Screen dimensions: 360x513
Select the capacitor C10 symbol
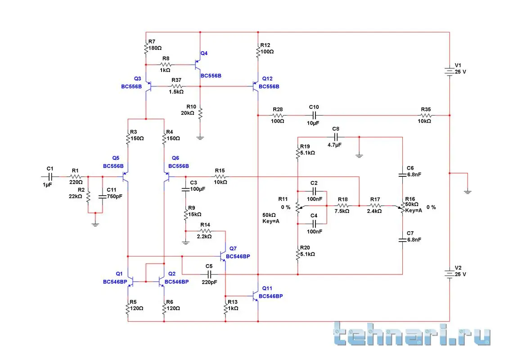(x=314, y=115)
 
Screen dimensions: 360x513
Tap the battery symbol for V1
(x=450, y=72)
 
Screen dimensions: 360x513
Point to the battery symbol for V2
(x=450, y=274)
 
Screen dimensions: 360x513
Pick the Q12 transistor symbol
(x=255, y=85)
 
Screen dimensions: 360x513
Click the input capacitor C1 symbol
(x=50, y=176)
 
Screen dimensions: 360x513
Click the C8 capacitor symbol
(x=336, y=136)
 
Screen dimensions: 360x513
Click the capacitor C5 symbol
(x=209, y=274)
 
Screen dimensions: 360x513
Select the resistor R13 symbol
(x=226, y=308)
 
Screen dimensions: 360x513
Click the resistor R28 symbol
(x=278, y=115)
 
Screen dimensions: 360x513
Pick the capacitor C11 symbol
(x=103, y=196)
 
